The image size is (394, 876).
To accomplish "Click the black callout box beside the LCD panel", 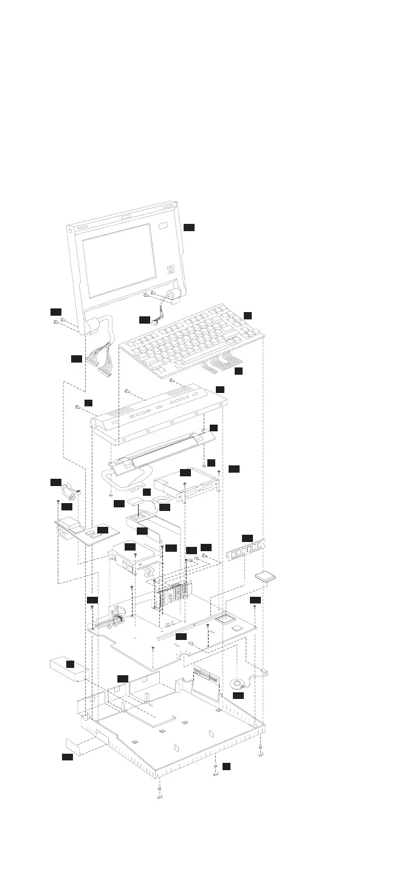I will click(189, 227).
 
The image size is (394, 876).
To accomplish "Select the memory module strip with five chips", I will click(246, 550).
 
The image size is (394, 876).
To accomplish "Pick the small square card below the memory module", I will click(265, 577).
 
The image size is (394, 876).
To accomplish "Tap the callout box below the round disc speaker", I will click(238, 695).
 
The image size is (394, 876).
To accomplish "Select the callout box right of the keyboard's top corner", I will click(247, 315).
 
